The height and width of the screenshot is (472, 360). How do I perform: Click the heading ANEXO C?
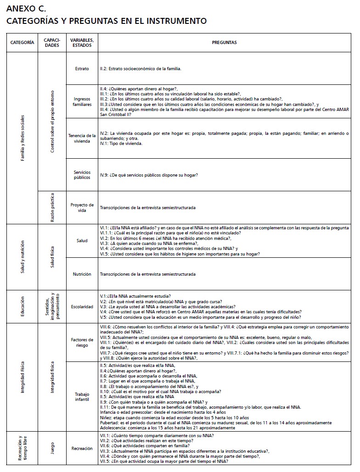pos(26,9)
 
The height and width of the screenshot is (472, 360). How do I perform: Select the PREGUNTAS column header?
pos(224,43)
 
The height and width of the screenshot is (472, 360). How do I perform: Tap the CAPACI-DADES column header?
pos(52,43)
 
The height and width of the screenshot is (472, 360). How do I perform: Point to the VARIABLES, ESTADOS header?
pos(82,43)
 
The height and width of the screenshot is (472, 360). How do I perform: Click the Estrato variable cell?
pos(82,69)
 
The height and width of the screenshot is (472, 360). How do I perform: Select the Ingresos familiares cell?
pos(82,101)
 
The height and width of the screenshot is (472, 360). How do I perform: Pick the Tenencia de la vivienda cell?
pos(82,139)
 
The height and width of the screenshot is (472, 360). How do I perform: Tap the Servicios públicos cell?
pos(82,175)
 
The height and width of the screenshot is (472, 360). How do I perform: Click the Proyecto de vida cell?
pos(82,207)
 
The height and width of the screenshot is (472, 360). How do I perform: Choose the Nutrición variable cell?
pos(82,274)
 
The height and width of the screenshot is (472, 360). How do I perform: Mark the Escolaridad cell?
pos(82,307)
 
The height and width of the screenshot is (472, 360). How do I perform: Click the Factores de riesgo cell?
pos(82,343)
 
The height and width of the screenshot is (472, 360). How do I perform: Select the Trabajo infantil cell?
pos(82,397)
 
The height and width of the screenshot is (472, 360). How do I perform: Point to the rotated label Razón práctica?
pos(52,207)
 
